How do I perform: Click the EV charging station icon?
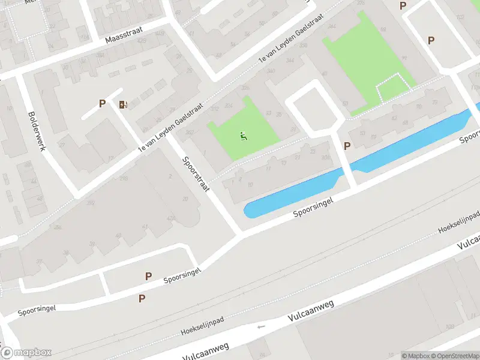123,104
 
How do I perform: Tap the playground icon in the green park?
243,136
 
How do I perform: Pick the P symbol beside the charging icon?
103,103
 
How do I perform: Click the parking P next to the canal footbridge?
347,145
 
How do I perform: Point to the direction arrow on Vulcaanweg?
260,327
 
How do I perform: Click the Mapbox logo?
26,353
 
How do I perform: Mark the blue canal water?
360,162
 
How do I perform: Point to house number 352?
91,203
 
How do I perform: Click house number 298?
124,178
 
